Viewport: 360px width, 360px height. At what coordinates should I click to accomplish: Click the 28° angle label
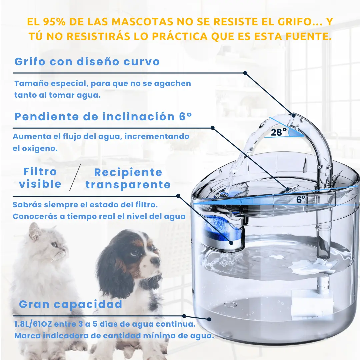(279, 132)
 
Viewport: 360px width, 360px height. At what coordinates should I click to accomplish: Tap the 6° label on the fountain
(301, 199)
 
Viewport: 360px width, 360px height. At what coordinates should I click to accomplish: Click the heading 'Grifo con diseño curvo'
(87, 62)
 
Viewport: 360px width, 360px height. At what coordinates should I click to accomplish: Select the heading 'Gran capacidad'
(70, 304)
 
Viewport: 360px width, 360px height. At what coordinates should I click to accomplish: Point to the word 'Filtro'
(40, 172)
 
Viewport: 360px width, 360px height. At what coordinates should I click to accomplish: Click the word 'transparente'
(128, 185)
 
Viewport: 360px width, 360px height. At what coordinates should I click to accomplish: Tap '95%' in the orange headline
(54, 22)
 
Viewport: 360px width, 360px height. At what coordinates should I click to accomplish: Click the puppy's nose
(156, 260)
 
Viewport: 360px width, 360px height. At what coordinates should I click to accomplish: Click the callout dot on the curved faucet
(293, 115)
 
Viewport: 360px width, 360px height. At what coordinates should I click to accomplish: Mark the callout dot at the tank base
(209, 319)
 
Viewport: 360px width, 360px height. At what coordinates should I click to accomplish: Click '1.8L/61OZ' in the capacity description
(33, 324)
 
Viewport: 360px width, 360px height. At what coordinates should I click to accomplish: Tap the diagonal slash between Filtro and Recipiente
(75, 177)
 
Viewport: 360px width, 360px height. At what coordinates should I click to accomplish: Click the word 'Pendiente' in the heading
(47, 117)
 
